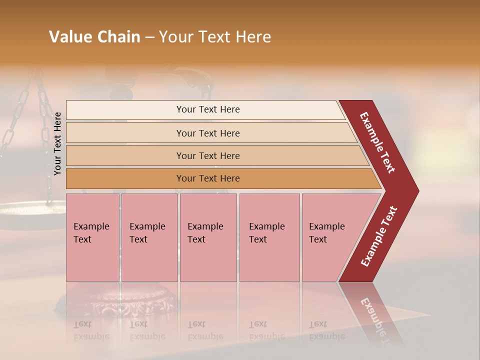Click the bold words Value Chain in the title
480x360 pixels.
(94, 37)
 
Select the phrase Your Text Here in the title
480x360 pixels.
(215, 37)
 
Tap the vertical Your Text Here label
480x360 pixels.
(57, 143)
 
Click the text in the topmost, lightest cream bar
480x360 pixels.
(208, 109)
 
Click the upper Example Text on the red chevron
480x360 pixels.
(377, 142)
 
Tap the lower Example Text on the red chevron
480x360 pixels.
(379, 236)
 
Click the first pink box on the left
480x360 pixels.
(92, 237)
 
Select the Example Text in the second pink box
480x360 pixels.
(147, 233)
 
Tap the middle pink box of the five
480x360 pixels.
(208, 237)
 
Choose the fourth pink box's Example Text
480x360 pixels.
(266, 233)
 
